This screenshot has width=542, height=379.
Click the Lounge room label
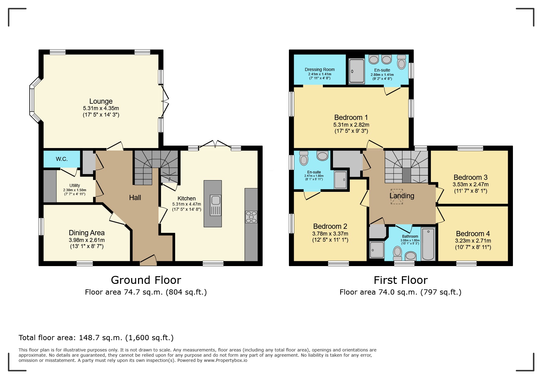[x=101, y=101]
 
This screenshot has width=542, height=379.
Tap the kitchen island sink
[x=215, y=200]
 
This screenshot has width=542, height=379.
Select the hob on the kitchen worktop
[x=251, y=217]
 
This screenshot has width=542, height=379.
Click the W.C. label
[x=62, y=159]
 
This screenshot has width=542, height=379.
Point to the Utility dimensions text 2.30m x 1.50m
[x=75, y=190]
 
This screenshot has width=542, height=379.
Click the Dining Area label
[x=87, y=233]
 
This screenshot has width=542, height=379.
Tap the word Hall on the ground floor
[x=135, y=198]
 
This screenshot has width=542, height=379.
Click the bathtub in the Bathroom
[x=428, y=244]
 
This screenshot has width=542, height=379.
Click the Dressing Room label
[x=320, y=69]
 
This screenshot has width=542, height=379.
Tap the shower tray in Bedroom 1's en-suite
[x=357, y=71]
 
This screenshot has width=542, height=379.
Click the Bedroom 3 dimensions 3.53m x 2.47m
[x=470, y=184]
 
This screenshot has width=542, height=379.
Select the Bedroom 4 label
[x=473, y=234]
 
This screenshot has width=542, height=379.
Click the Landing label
[x=402, y=196]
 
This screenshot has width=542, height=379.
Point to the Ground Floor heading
[x=146, y=280]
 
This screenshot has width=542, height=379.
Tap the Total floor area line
[x=96, y=338]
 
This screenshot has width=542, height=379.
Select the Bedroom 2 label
[x=330, y=226]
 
